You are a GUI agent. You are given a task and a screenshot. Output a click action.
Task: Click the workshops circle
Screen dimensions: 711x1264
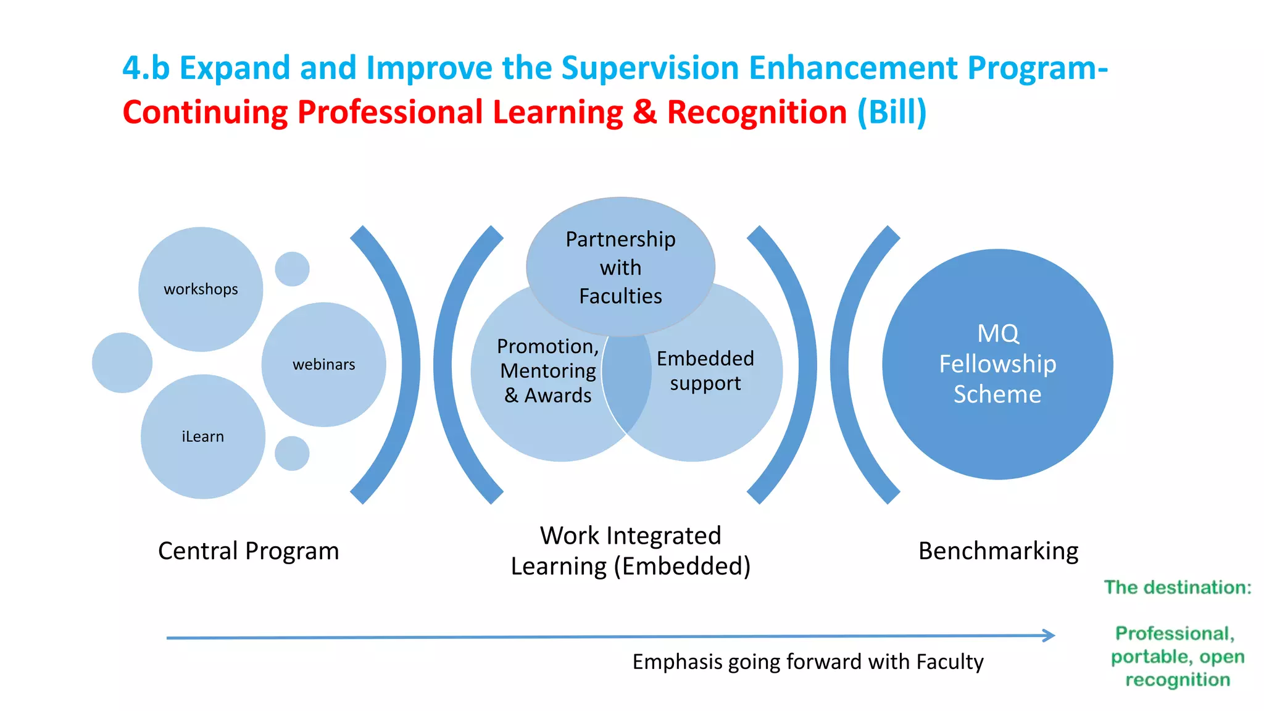201,289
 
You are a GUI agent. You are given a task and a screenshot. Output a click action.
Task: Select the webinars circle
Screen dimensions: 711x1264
323,364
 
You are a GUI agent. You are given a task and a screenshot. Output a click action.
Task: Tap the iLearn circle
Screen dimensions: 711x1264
202,436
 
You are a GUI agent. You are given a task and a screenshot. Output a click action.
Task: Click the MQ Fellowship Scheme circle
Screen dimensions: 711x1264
997,364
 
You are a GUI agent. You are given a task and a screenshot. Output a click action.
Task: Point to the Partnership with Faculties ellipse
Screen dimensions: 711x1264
620,267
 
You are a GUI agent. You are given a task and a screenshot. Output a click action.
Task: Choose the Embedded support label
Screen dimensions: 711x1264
705,370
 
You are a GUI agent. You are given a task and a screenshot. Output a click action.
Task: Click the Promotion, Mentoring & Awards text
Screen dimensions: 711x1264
547,370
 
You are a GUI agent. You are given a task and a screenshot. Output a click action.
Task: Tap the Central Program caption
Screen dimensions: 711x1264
248,551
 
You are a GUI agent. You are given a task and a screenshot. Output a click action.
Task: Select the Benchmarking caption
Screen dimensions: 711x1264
998,551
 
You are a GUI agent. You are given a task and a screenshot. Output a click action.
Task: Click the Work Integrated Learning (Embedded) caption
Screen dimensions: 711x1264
630,551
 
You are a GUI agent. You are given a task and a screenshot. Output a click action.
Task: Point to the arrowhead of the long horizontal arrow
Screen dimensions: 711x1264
1049,635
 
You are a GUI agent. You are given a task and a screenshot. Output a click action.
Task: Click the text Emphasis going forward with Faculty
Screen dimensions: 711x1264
807,662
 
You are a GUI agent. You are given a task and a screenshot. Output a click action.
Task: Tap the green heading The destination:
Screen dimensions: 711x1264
1177,587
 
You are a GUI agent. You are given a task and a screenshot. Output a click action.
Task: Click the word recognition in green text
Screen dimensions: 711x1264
1177,680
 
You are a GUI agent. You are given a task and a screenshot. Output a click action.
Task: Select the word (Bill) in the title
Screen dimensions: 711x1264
892,112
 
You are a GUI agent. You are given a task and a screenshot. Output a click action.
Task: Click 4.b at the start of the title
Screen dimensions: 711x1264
146,68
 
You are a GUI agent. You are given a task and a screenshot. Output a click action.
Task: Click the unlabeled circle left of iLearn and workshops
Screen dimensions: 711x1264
122,363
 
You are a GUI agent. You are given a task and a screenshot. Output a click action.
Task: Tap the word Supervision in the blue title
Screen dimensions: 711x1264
650,68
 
